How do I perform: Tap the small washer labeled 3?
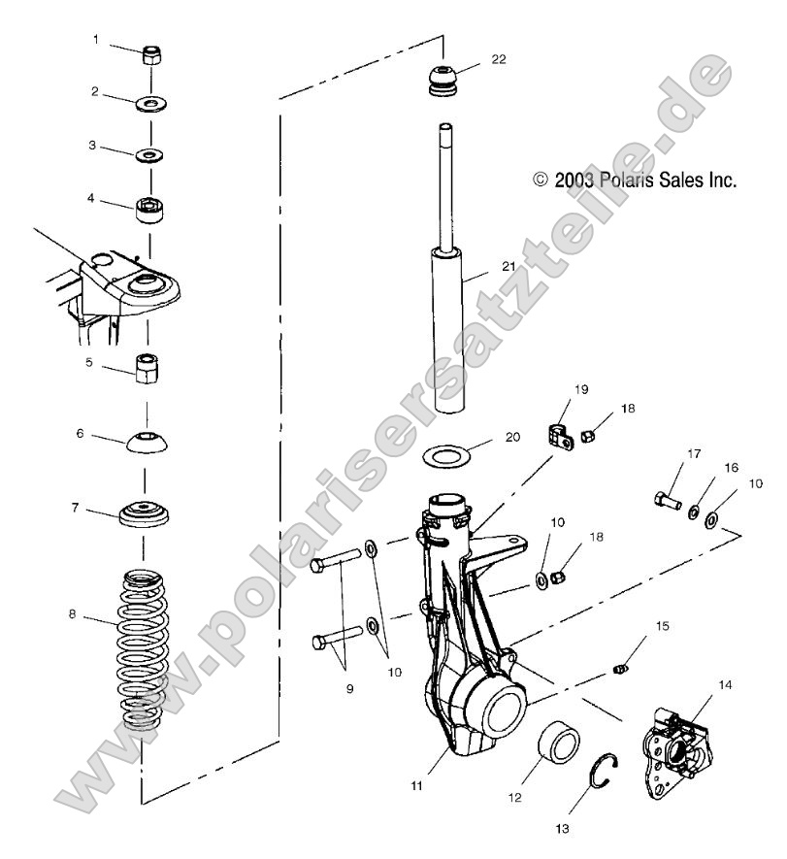click(150, 154)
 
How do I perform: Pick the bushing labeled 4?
click(149, 208)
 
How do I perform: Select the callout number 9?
click(347, 688)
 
